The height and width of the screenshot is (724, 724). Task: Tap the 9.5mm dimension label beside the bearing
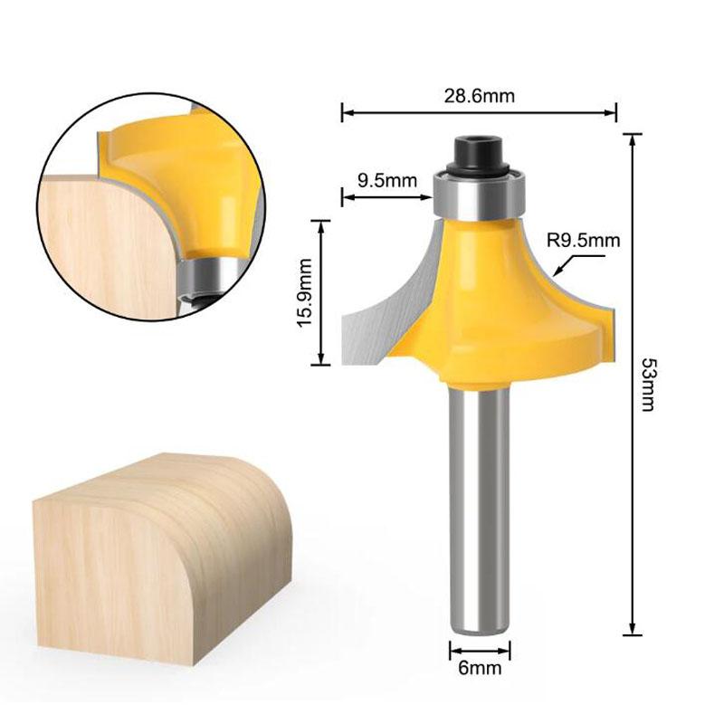(x=387, y=179)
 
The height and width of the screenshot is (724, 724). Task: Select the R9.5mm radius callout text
(x=584, y=241)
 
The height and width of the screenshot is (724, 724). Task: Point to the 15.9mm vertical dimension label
(x=304, y=291)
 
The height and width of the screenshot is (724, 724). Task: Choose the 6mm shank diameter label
(x=480, y=670)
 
